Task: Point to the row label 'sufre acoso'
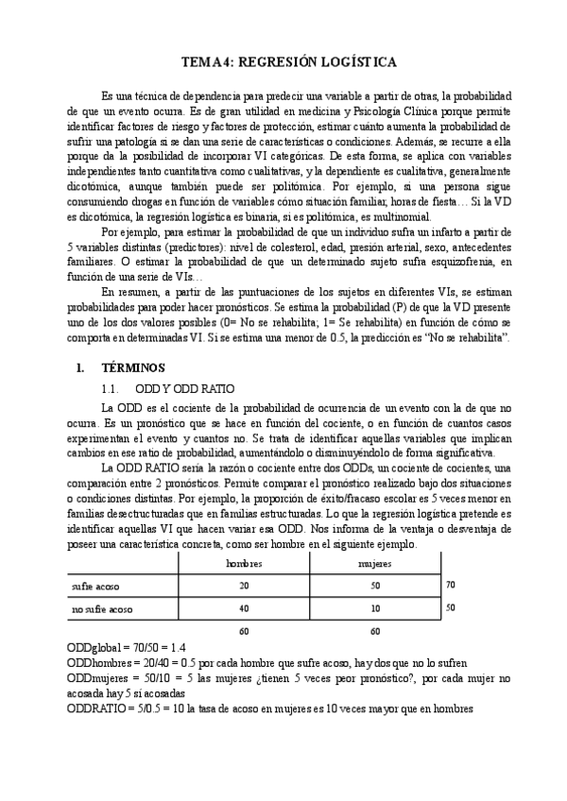point(94,586)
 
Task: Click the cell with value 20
point(243,586)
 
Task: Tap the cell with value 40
point(243,609)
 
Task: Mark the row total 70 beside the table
point(451,585)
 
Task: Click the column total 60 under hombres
point(243,631)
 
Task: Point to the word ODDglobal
point(91,648)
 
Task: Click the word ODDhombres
point(95,664)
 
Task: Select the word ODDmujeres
point(94,679)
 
